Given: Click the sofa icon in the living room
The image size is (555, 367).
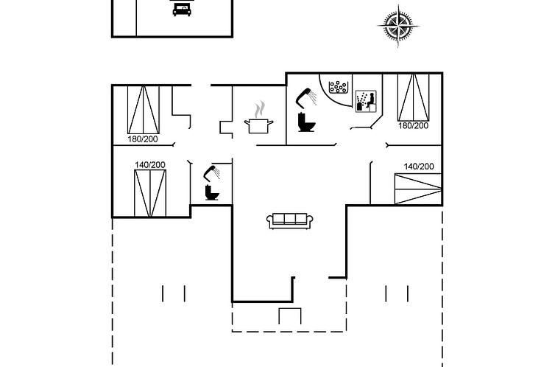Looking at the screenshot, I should (x=289, y=220).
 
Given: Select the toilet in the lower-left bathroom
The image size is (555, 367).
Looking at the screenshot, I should (x=212, y=193).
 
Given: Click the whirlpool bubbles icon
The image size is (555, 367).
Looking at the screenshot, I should (x=339, y=87).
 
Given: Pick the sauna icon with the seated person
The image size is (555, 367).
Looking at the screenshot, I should (x=366, y=101).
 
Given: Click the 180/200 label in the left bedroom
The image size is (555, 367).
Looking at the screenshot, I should (x=143, y=139).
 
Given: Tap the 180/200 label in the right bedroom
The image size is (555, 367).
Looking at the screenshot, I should (x=413, y=126).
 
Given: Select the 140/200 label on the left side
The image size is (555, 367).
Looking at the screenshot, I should (x=150, y=165).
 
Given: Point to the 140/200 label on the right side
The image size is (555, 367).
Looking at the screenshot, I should (x=419, y=167).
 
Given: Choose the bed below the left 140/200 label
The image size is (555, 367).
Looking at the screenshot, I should (x=150, y=193).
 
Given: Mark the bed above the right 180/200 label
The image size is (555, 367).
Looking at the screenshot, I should (x=413, y=97).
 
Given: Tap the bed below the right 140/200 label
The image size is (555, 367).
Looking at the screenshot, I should (x=418, y=189).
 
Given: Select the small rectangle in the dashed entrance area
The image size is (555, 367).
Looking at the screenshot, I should (x=290, y=316).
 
